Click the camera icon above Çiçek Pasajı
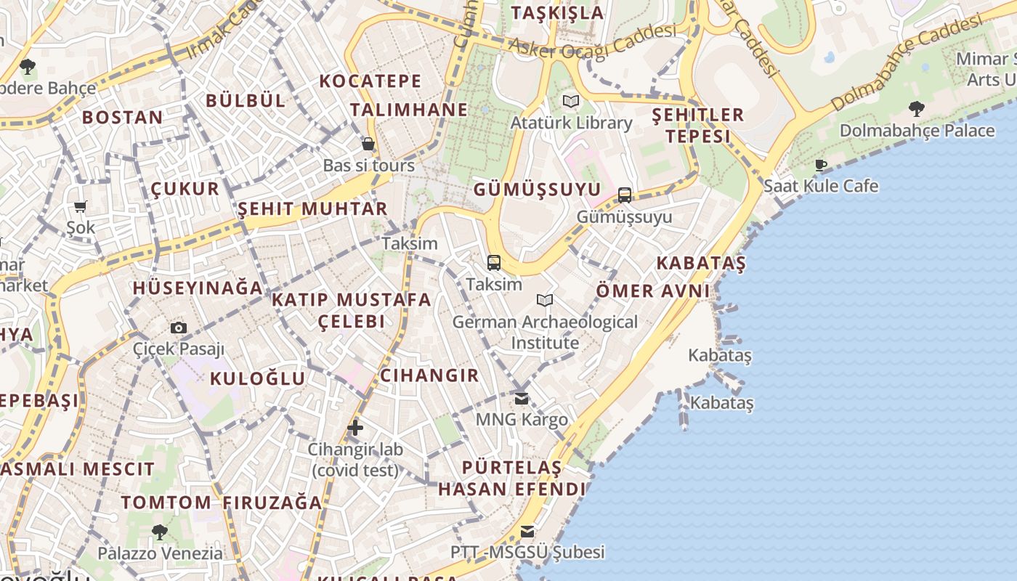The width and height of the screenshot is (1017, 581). pyautogui.click(x=179, y=328)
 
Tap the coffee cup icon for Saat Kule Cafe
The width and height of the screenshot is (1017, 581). pyautogui.click(x=821, y=165)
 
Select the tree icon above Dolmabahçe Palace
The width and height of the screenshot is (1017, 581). pyautogui.click(x=917, y=109)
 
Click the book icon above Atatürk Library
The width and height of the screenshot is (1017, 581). pyautogui.click(x=571, y=101)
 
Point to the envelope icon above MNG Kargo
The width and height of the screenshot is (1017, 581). pyautogui.click(x=522, y=398)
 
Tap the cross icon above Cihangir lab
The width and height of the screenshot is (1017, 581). pyautogui.click(x=354, y=428)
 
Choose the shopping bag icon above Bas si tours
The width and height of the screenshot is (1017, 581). pyautogui.click(x=368, y=144)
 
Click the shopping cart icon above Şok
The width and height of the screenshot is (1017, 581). pyautogui.click(x=81, y=206)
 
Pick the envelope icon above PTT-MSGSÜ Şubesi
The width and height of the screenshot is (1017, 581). pyautogui.click(x=527, y=532)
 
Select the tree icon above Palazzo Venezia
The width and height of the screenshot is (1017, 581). pyautogui.click(x=160, y=532)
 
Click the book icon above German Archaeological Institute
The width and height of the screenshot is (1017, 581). pyautogui.click(x=545, y=300)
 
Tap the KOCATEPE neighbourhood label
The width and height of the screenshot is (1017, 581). pyautogui.click(x=370, y=81)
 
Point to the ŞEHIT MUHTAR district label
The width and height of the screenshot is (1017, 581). pyautogui.click(x=312, y=209)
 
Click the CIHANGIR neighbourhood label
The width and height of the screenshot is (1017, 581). pyautogui.click(x=429, y=375)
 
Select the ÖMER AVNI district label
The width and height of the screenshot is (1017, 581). pyautogui.click(x=652, y=291)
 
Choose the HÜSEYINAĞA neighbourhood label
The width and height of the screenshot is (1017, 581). pyautogui.click(x=198, y=288)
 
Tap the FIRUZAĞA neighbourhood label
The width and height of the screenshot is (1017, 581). pyautogui.click(x=272, y=503)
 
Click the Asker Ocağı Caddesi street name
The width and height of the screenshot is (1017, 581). pyautogui.click(x=592, y=41)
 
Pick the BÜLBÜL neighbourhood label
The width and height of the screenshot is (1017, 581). pyautogui.click(x=246, y=100)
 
